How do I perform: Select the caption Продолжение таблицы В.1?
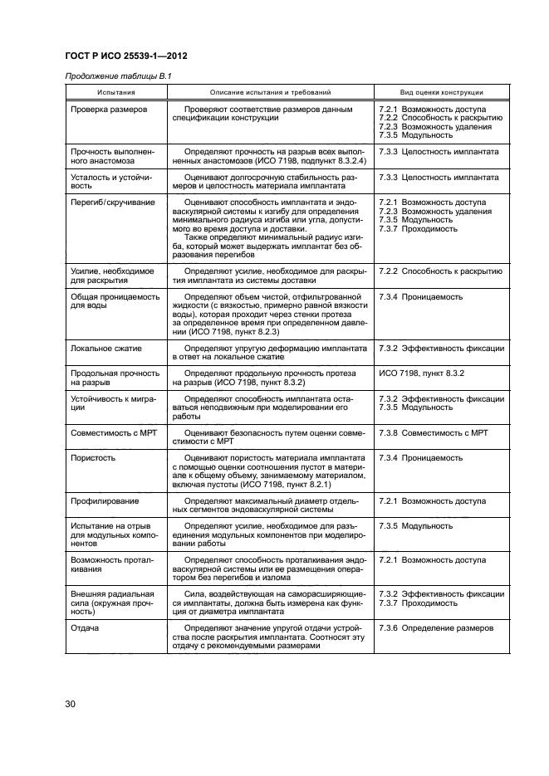pos(118,77)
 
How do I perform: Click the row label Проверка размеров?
pos(109,110)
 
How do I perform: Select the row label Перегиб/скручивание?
pos(112,202)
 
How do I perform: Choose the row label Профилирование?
pos(105,501)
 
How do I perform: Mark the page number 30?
pos(71,705)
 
